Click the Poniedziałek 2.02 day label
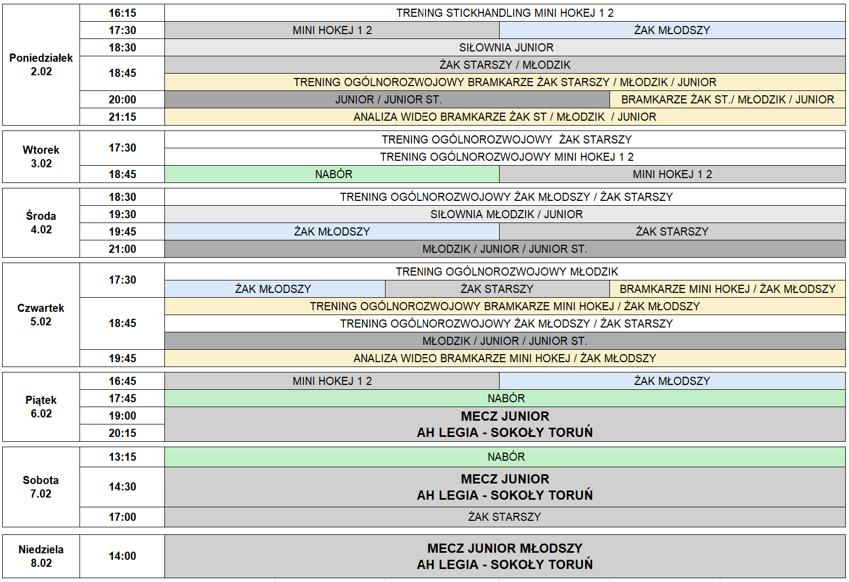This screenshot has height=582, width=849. (41, 65)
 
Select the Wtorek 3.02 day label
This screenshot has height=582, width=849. (41, 156)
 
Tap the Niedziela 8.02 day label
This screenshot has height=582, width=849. (41, 556)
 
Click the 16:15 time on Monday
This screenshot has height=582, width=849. (122, 13)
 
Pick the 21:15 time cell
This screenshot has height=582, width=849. (122, 117)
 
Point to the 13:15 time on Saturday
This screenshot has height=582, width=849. (122, 457)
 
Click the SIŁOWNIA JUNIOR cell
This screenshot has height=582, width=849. (505, 48)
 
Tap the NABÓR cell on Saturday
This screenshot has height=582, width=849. (505, 457)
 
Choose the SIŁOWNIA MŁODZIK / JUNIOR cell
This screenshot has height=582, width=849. (505, 214)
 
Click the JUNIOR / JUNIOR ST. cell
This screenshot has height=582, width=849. (388, 100)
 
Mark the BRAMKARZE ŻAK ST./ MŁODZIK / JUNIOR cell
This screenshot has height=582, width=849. (727, 100)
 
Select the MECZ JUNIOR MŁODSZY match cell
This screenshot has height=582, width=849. (505, 556)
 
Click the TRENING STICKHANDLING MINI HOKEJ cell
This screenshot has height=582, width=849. (505, 13)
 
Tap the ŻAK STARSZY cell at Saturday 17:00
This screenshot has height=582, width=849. (505, 517)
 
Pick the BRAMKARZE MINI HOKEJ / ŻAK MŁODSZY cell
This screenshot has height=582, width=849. (727, 289)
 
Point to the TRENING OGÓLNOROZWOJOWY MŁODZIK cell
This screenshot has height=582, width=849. (505, 272)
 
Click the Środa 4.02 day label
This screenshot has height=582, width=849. (41, 223)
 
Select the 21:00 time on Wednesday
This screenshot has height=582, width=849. (122, 249)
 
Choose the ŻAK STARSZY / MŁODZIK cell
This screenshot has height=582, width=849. (505, 65)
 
